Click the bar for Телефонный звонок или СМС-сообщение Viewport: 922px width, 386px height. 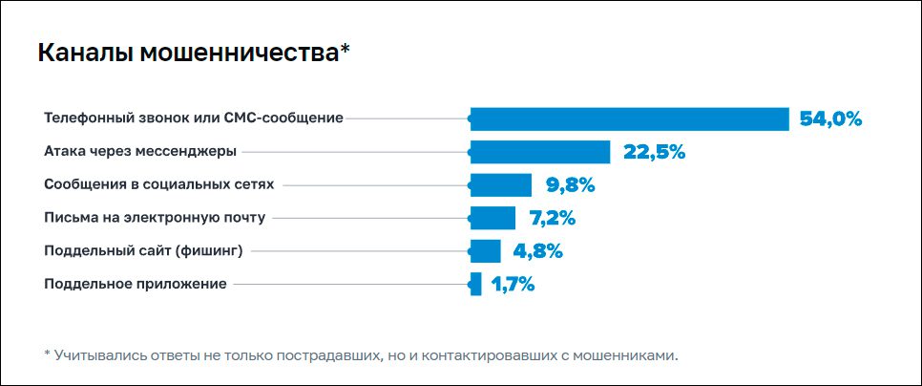click(630, 118)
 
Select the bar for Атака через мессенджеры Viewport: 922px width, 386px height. click(540, 152)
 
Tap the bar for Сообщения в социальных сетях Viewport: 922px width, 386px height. click(501, 185)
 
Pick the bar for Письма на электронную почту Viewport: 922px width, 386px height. click(493, 218)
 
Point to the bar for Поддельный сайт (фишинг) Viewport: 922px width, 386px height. click(486, 251)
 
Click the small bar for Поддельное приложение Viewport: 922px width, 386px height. click(476, 284)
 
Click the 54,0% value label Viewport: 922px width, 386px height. click(830, 119)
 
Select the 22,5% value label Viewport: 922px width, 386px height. click(655, 152)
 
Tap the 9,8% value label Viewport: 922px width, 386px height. click(571, 185)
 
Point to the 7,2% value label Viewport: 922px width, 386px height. click(553, 218)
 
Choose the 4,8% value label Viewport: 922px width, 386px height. click(538, 251)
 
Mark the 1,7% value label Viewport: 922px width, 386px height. click(513, 284)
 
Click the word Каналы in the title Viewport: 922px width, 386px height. click(85, 54)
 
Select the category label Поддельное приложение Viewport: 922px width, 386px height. click(136, 284)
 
